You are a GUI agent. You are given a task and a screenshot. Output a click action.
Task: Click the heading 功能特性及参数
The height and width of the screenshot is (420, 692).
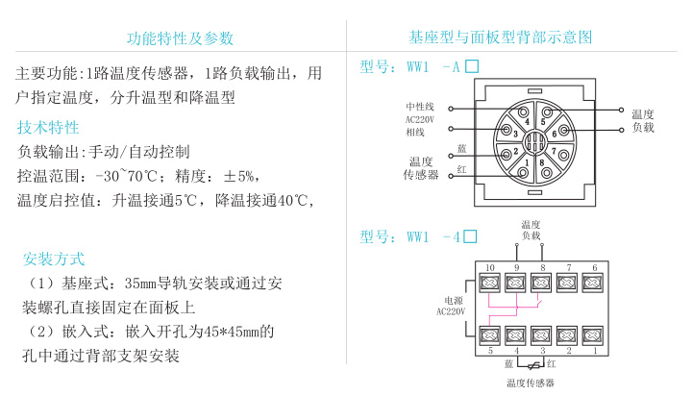(180, 38)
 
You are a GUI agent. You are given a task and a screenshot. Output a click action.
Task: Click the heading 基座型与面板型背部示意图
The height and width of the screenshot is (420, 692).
(501, 37)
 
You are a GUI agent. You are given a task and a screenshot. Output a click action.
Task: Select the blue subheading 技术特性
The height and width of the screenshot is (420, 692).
(48, 128)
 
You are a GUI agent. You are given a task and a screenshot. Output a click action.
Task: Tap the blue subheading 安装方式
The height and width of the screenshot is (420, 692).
(54, 259)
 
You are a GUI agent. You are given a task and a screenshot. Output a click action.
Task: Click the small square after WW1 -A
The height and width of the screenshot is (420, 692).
(471, 67)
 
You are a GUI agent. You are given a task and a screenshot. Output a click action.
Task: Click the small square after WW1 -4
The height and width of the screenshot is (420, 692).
(471, 235)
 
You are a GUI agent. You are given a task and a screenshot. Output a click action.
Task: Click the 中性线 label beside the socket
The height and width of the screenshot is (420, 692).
(420, 106)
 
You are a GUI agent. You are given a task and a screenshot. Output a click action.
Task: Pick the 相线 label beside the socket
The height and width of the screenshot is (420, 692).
(415, 132)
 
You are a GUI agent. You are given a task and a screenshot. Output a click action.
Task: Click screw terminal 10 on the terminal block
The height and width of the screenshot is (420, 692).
(490, 283)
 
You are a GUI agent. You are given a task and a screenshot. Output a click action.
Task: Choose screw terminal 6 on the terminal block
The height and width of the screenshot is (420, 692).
(594, 283)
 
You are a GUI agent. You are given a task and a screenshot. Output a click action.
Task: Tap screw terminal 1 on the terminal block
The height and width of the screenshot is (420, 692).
(594, 334)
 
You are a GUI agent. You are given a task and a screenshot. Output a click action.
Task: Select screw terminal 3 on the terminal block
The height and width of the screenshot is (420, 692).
(542, 334)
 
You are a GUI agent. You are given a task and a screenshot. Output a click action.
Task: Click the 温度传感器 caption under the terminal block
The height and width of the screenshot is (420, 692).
(531, 383)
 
